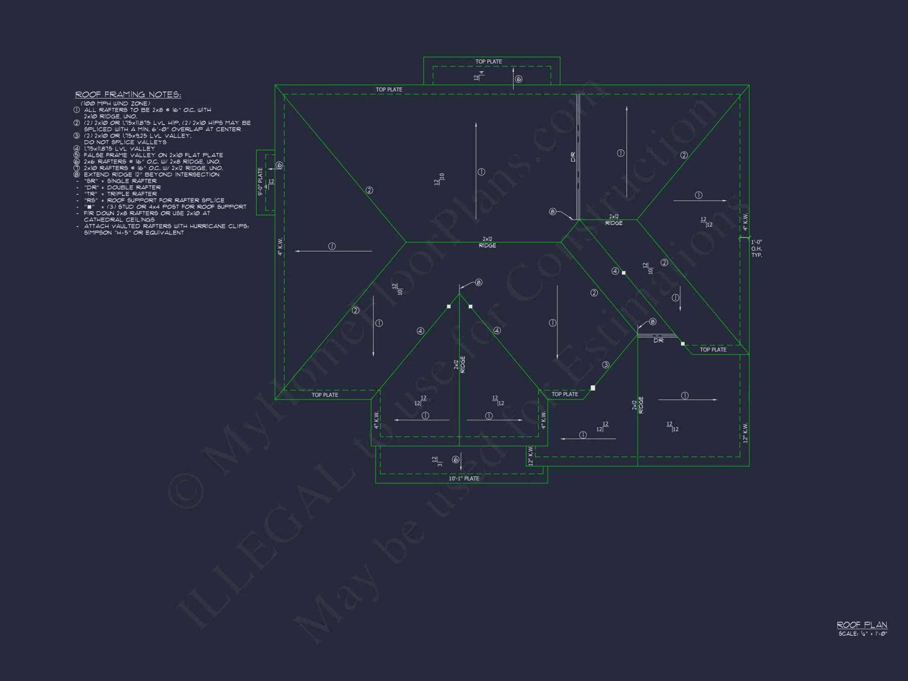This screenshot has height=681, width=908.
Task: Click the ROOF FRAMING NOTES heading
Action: pos(128,94)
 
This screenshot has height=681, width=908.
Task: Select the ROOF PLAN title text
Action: pos(862,625)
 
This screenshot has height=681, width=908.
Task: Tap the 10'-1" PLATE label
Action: pos(464,479)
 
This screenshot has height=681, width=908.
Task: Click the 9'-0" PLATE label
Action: pos(261,182)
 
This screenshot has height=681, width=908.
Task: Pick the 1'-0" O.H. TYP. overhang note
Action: pos(756,249)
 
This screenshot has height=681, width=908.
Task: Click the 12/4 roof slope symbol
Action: pos(479,75)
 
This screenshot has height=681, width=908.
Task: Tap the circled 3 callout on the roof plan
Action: pos(606,365)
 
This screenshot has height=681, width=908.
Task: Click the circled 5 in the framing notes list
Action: pos(77,155)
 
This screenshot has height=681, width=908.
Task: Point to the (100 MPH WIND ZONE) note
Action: pos(115,104)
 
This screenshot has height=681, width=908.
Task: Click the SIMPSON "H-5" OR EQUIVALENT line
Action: pos(134,233)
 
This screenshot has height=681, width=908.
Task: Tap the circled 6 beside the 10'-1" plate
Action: pos(456,460)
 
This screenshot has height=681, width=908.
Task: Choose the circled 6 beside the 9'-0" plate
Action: pos(280,165)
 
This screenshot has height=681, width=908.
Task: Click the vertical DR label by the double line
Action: pos(573,157)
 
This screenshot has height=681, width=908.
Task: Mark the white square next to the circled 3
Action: pos(593,388)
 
